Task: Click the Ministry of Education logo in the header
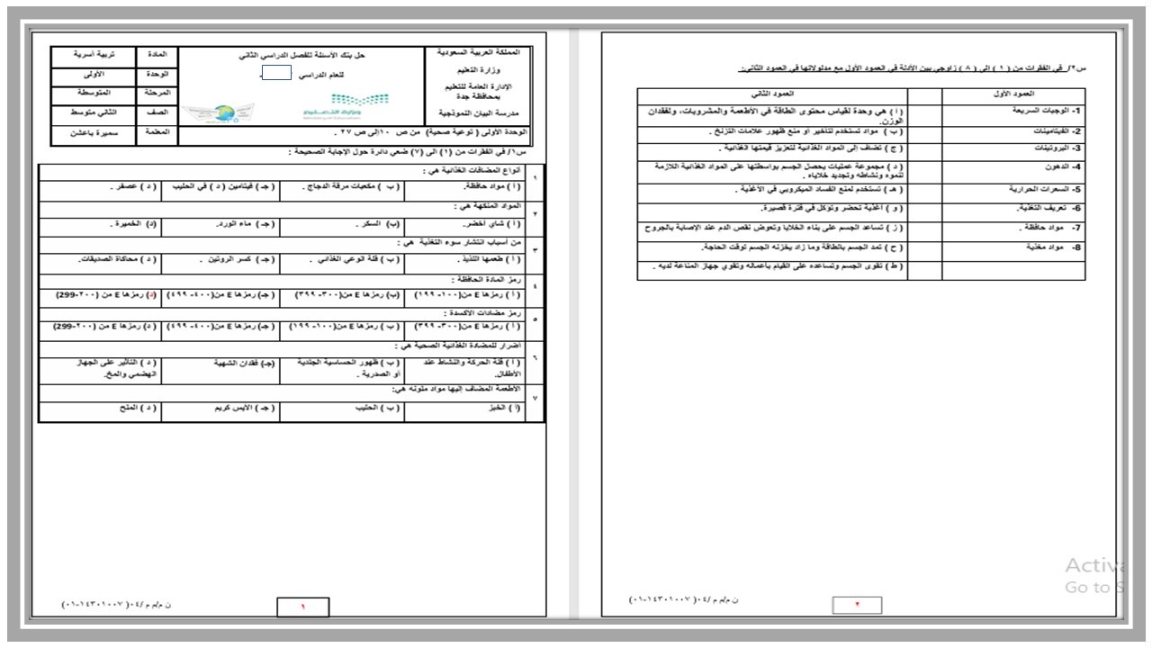point(333,106)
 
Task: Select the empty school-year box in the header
point(277,74)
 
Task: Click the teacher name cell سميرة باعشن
point(94,133)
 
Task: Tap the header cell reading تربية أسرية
point(94,55)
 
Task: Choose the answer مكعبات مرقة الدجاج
point(341,189)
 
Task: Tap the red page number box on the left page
point(302,607)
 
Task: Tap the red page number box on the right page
point(857,605)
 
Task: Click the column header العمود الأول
point(1013,94)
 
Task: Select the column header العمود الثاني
point(772,94)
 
